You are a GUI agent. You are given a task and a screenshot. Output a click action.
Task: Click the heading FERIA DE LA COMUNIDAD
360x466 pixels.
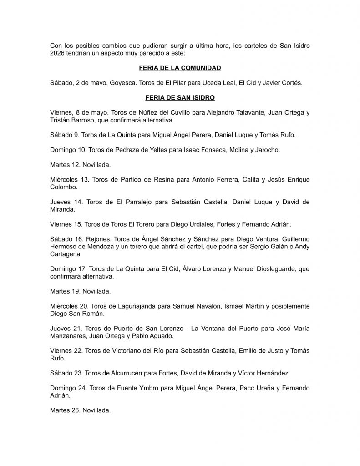click(x=180, y=68)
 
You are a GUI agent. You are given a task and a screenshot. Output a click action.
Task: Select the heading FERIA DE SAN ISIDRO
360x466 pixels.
click(x=180, y=97)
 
